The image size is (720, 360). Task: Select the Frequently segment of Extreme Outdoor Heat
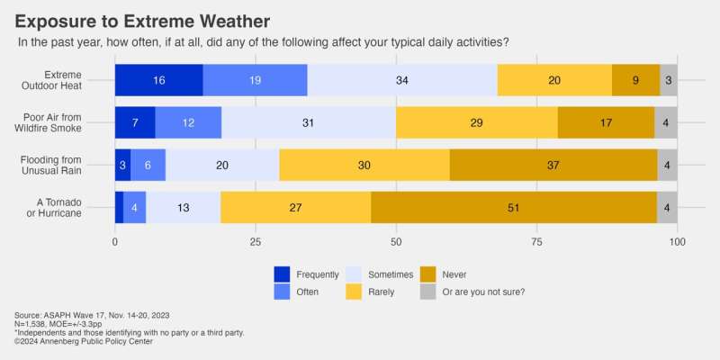coord(158,80)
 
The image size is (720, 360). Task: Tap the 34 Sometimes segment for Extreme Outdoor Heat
coord(402,80)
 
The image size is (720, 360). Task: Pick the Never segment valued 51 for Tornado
coord(513,207)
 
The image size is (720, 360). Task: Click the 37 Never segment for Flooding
coord(553,165)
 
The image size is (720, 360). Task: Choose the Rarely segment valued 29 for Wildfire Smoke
coord(476,122)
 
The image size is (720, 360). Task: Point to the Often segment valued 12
coord(188,122)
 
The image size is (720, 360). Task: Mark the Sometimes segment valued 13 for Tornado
coord(183,207)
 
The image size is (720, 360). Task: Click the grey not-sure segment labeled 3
coord(669,80)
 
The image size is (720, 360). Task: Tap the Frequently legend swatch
coord(283,274)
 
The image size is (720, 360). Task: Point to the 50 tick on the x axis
coord(396,243)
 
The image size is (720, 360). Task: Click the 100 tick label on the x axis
coord(678,243)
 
